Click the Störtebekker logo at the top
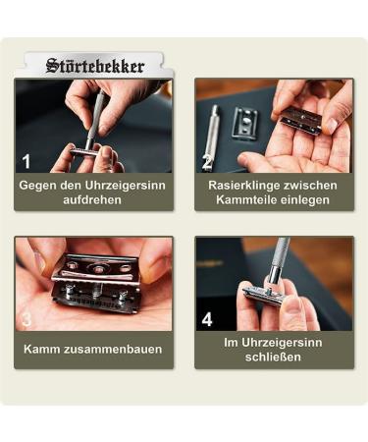tap(94, 67)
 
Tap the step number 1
tap(26, 160)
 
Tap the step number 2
tap(207, 161)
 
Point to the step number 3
tap(26, 318)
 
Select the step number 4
tap(207, 319)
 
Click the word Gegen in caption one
tap(39, 185)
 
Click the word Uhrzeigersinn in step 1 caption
tap(127, 185)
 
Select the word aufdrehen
tap(93, 199)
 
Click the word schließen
tap(273, 358)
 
